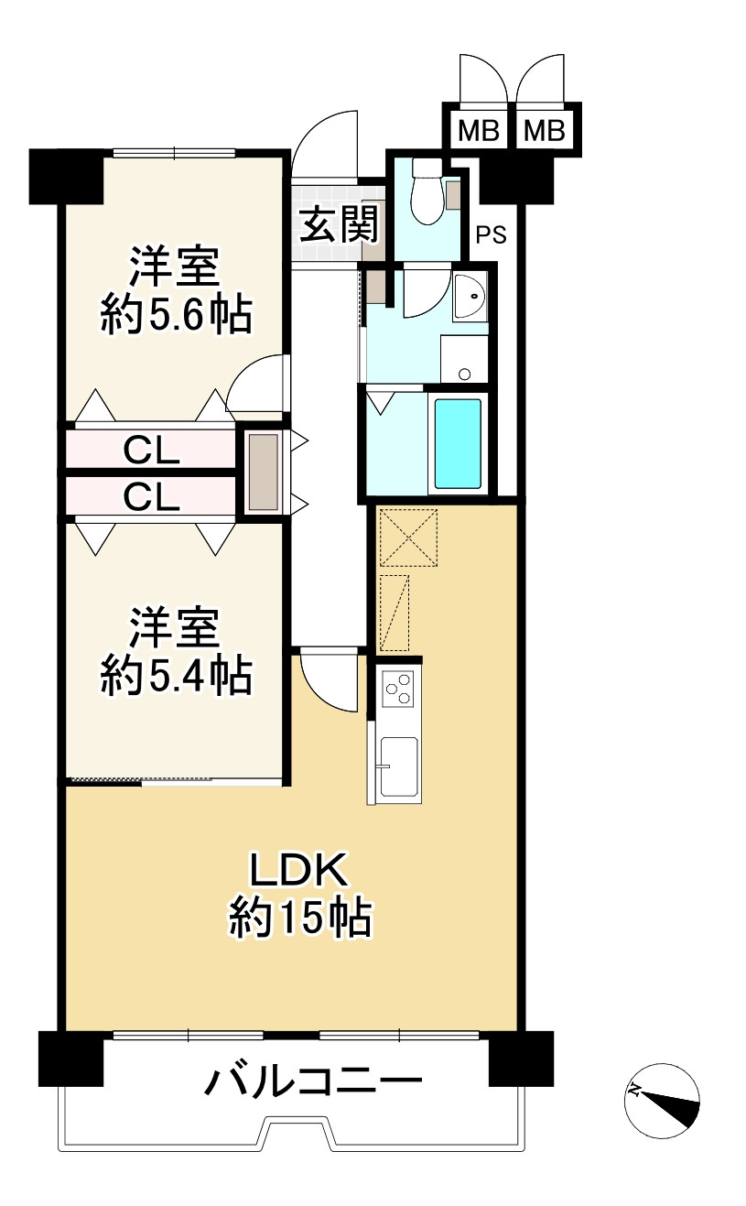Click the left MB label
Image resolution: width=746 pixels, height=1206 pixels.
tap(479, 131)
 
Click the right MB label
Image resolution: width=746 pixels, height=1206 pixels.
tap(545, 131)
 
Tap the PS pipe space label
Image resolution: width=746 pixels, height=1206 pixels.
tap(492, 235)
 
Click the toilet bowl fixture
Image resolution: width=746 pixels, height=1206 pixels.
tap(427, 191)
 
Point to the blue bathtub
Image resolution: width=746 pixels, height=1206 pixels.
tap(458, 443)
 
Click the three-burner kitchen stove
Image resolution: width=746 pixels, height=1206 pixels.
tap(398, 689)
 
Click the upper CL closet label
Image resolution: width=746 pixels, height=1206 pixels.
tap(151, 451)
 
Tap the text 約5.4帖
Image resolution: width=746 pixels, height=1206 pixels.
tap(177, 676)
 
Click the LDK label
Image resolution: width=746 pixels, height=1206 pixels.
tap(298, 870)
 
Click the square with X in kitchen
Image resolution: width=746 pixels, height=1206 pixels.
tap(408, 538)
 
